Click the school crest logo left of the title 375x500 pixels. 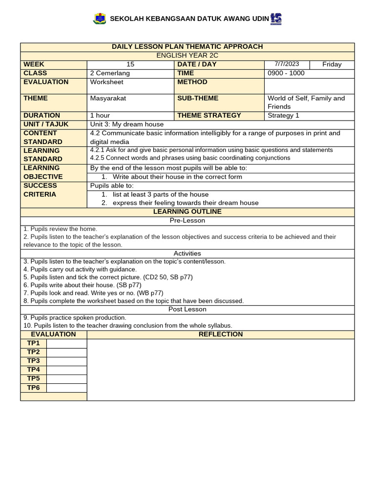[99, 19]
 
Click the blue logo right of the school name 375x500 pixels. [276, 19]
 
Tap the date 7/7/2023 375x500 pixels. [287, 64]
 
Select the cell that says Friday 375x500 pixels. [332, 64]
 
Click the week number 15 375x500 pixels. [130, 64]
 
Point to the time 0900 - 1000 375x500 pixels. [286, 73]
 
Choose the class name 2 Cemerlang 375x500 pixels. [110, 73]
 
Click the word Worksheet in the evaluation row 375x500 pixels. [106, 82]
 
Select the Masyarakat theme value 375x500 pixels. [108, 98]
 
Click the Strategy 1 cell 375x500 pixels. [283, 116]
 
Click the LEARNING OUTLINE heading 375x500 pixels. [187, 212]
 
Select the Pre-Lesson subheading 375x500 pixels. [187, 221]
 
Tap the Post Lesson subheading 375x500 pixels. [187, 310]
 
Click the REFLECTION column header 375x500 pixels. [220, 334]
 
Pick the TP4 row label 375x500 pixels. [33, 370]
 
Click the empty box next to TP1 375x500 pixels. [66, 343]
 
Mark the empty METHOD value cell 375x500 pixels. [309, 85]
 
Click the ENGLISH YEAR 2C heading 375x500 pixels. [187, 56]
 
